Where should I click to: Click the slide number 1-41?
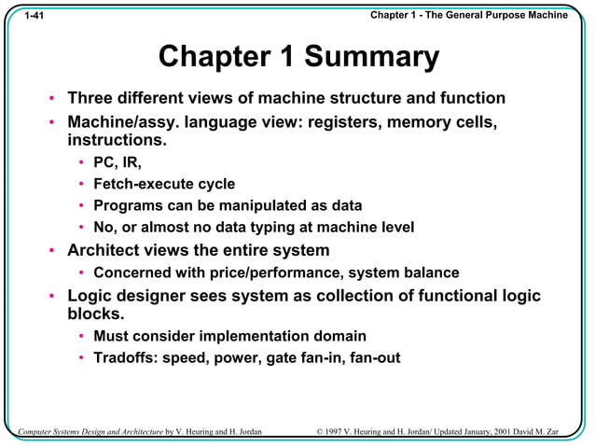tap(35, 17)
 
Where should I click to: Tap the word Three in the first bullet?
tap(95, 99)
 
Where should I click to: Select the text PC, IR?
tap(118, 162)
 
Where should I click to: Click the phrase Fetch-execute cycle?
tap(164, 184)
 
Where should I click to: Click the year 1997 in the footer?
tap(342, 431)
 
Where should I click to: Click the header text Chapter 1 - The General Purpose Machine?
tap(468, 16)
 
